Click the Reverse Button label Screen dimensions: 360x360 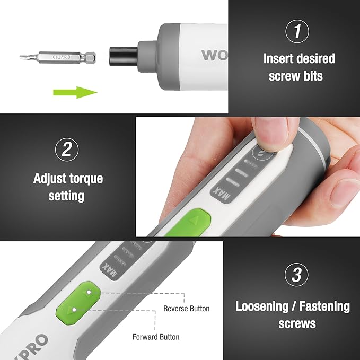click(x=186, y=309)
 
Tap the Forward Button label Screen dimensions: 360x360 click(x=155, y=337)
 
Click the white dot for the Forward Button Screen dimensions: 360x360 click(x=74, y=308)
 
